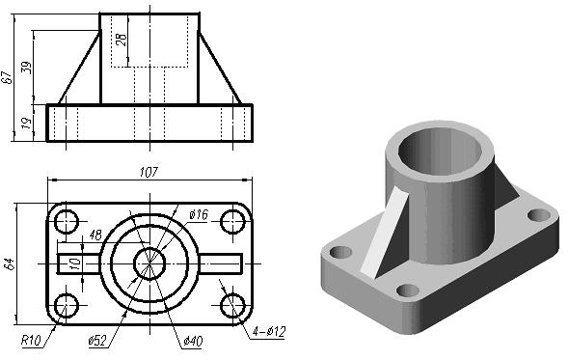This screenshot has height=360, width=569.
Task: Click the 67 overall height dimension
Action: pyautogui.click(x=8, y=77)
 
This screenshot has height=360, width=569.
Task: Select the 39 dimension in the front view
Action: pyautogui.click(x=26, y=68)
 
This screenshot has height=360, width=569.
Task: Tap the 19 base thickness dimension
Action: pyautogui.click(x=26, y=124)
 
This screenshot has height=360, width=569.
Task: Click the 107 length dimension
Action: pyautogui.click(x=149, y=172)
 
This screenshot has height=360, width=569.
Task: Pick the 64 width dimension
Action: pyautogui.click(x=10, y=264)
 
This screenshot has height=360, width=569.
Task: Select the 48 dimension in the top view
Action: pyautogui.click(x=95, y=235)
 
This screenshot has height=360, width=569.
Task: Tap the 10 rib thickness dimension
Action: pyautogui.click(x=75, y=263)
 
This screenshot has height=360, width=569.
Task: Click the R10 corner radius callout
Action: pyautogui.click(x=31, y=341)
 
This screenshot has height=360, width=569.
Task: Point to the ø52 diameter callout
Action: pyautogui.click(x=97, y=341)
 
